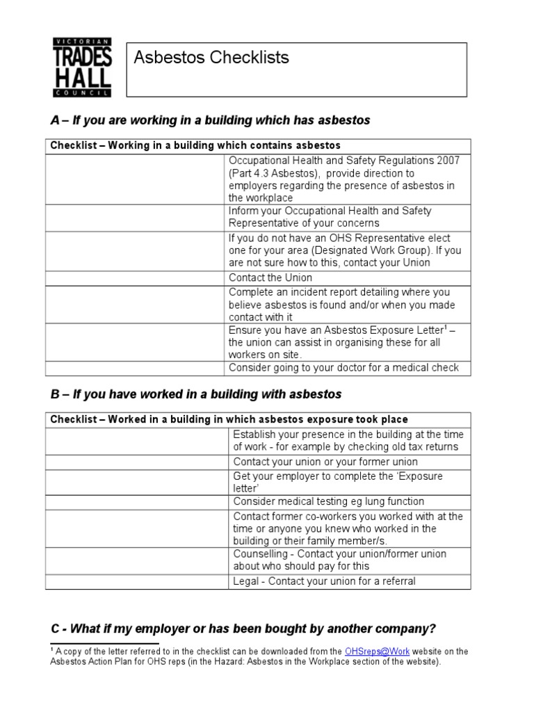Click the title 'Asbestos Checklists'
pyautogui.click(x=211, y=58)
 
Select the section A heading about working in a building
pyautogui.click(x=211, y=121)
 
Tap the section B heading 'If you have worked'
pyautogui.click(x=197, y=394)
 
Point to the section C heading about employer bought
pyautogui.click(x=243, y=629)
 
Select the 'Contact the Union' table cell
pyautogui.click(x=270, y=278)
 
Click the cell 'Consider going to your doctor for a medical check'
pyautogui.click(x=343, y=368)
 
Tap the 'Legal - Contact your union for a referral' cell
pyautogui.click(x=324, y=581)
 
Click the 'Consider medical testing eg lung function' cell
pyautogui.click(x=328, y=501)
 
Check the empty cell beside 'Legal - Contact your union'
pyautogui.click(x=137, y=581)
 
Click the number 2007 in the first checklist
pyautogui.click(x=448, y=161)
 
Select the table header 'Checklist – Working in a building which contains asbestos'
pyautogui.click(x=195, y=145)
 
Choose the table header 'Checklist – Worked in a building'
pyautogui.click(x=229, y=419)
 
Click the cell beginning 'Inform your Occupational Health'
pyautogui.click(x=330, y=217)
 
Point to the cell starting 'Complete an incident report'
pyautogui.click(x=339, y=305)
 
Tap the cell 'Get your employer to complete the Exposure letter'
pyautogui.click(x=338, y=482)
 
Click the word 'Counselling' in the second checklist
pyautogui.click(x=261, y=554)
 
